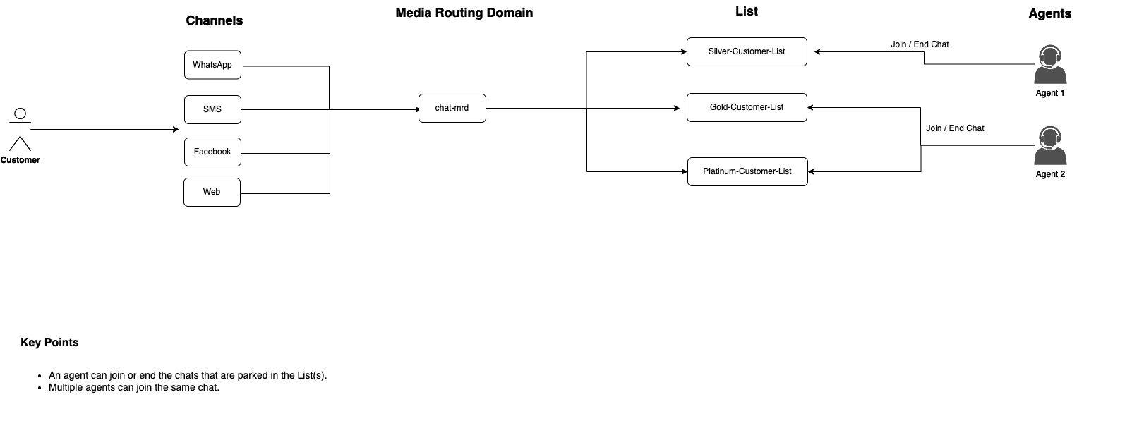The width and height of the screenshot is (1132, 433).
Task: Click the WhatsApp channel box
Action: [212, 65]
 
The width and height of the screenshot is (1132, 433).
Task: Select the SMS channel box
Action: [212, 109]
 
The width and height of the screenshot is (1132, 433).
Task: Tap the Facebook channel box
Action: [212, 152]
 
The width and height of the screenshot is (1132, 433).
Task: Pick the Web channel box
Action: [212, 192]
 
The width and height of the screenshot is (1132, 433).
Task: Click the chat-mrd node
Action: [452, 108]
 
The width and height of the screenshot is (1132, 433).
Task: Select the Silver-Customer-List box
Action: [747, 51]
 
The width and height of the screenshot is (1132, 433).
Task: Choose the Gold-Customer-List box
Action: [747, 107]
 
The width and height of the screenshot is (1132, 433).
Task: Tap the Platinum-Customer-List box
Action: [747, 171]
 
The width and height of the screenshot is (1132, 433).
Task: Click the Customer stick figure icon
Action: [20, 130]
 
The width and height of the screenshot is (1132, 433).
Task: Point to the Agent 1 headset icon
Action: [1050, 65]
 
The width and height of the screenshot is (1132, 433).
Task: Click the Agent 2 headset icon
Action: [1050, 146]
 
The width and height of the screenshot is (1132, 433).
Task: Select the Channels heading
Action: [215, 20]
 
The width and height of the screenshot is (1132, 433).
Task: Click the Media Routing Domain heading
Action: [464, 13]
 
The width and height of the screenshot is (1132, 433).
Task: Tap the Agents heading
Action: [1049, 13]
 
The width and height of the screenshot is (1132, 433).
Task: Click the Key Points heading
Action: [49, 343]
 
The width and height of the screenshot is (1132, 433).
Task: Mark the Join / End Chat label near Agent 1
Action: [920, 44]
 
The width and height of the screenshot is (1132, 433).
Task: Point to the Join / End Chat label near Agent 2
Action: [955, 128]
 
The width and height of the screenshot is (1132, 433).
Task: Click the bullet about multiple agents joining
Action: [134, 388]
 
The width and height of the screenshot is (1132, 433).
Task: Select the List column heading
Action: [746, 11]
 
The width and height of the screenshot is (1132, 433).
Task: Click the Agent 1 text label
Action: [1050, 93]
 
